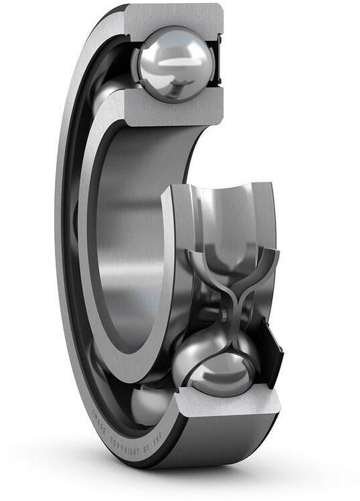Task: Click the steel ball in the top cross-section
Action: (x=173, y=64)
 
